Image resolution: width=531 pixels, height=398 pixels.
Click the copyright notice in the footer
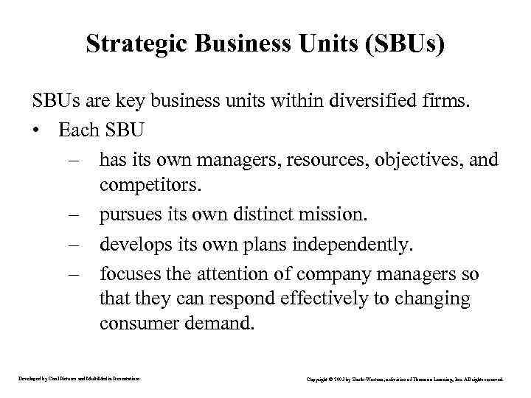click(404, 379)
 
